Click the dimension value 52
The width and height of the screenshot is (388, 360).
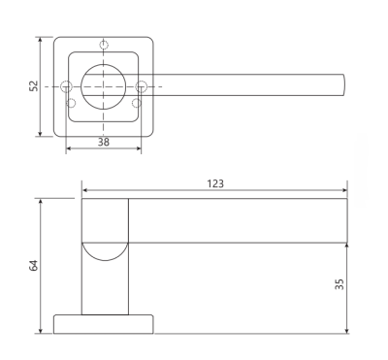(x=32, y=86)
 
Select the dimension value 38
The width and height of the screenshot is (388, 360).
(x=103, y=142)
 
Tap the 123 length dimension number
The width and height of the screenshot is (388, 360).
(x=215, y=182)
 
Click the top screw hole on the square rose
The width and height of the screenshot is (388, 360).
(x=104, y=44)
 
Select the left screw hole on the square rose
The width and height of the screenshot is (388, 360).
(x=67, y=87)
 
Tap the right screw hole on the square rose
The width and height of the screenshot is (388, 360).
(x=141, y=87)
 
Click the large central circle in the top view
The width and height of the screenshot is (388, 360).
(x=104, y=85)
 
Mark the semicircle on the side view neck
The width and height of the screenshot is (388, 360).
(x=105, y=250)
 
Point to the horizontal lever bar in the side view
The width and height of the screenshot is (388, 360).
(x=238, y=221)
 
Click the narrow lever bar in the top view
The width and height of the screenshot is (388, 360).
(x=242, y=85)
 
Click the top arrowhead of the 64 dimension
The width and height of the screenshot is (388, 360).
(x=40, y=202)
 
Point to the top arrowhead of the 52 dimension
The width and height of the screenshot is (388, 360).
(x=40, y=41)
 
